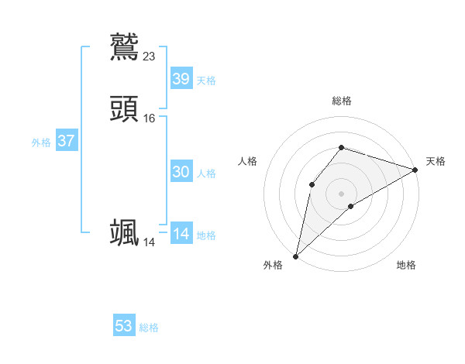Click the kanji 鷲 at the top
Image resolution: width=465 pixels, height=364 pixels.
click(124, 46)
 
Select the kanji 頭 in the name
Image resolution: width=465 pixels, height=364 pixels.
click(124, 109)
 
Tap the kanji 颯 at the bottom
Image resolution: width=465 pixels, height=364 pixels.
click(124, 232)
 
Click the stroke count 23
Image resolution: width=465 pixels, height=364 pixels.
click(150, 56)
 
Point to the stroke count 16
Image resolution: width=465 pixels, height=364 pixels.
click(150, 118)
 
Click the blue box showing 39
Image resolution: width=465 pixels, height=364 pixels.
click(181, 79)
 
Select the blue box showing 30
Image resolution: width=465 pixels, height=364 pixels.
click(181, 173)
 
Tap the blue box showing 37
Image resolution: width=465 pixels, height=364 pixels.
click(66, 142)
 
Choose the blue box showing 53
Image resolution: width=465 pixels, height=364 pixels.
click(124, 326)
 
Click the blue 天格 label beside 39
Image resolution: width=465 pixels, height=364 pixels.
click(206, 81)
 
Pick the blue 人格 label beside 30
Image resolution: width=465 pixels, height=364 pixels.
click(206, 173)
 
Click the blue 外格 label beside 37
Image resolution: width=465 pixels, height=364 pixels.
click(41, 143)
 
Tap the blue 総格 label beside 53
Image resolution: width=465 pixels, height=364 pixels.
click(149, 328)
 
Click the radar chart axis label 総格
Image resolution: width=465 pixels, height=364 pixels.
click(342, 101)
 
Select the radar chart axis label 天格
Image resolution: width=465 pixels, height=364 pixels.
click(436, 161)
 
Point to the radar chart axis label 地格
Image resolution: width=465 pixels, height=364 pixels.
click(406, 266)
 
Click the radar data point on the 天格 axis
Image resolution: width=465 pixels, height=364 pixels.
click(415, 170)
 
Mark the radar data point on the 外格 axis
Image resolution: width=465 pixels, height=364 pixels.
click(295, 256)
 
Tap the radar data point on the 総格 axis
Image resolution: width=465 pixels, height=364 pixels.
click(342, 148)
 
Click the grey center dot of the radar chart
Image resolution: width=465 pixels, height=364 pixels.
click(342, 193)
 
